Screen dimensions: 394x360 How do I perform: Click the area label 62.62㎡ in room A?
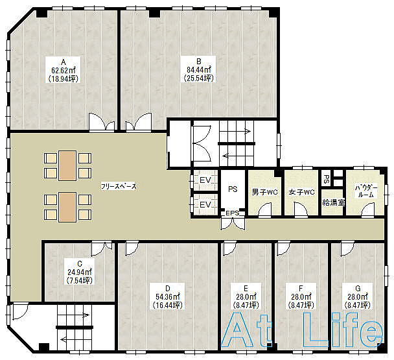click(64, 70)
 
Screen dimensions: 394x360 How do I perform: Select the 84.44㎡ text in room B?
click(199, 69)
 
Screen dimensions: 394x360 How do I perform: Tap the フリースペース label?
click(119, 186)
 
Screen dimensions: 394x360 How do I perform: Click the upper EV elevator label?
click(205, 180)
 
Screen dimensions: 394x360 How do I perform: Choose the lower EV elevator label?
click(205, 204)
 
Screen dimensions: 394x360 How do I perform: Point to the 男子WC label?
click(264, 193)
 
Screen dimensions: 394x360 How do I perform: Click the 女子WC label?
click(301, 193)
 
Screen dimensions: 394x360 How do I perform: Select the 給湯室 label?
click(334, 202)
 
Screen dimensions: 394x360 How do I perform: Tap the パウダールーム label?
click(366, 191)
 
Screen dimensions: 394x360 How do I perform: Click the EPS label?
click(233, 213)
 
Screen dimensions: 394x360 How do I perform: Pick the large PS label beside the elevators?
click(233, 189)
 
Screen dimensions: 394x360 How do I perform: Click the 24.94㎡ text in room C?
click(80, 272)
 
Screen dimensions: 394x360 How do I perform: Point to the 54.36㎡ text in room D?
click(168, 297)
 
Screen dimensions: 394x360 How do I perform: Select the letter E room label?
click(246, 288)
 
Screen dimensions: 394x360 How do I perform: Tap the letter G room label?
click(358, 288)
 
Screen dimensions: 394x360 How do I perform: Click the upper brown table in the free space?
click(67, 165)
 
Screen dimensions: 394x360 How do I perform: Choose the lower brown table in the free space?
click(67, 207)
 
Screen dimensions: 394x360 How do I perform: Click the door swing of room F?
click(283, 248)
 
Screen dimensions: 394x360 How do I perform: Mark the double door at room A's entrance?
click(102, 122)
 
